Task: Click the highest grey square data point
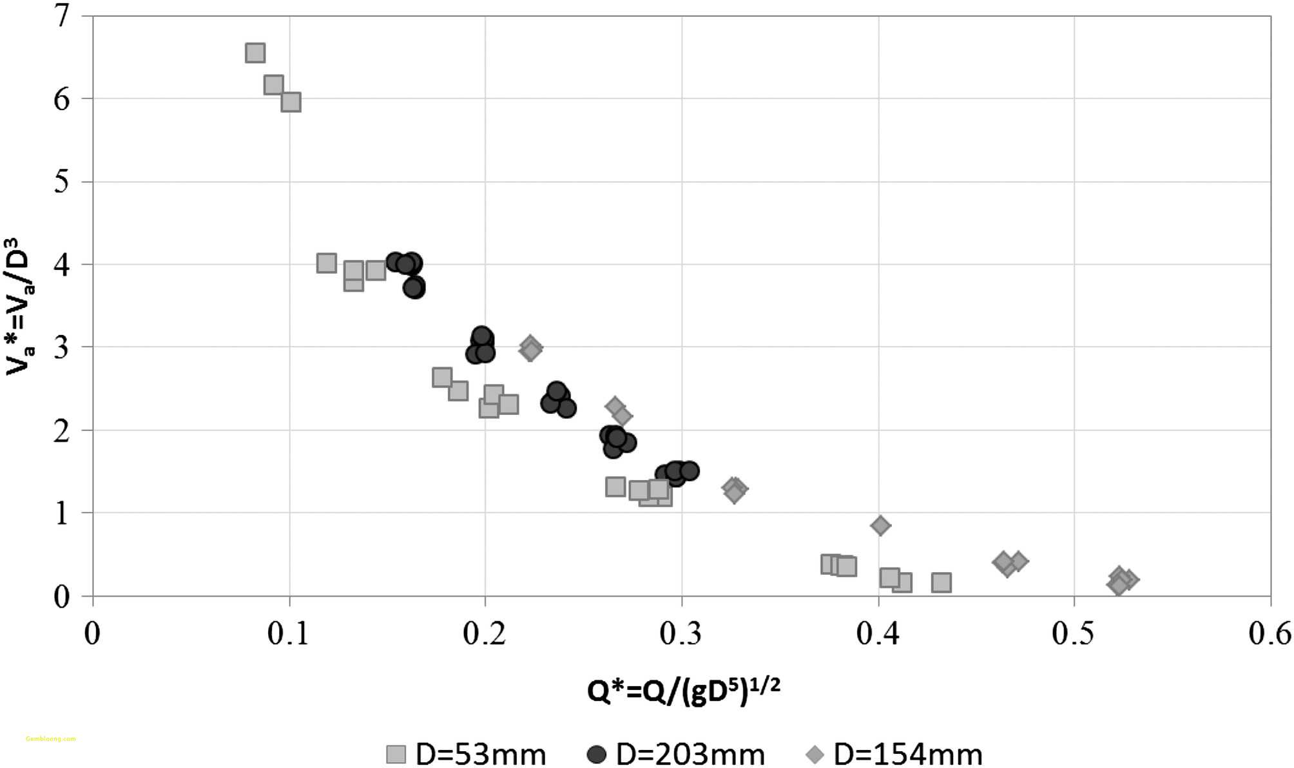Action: point(255,53)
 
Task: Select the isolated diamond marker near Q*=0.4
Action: point(880,526)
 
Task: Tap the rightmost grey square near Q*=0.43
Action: point(942,582)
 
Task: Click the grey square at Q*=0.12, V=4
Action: point(327,263)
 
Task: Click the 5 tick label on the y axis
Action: point(62,182)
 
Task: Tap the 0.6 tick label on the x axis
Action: point(1270,634)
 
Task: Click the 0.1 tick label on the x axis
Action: point(289,634)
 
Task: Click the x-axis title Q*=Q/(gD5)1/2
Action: point(683,691)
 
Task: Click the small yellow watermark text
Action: point(51,739)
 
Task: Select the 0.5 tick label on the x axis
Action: point(1073,634)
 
